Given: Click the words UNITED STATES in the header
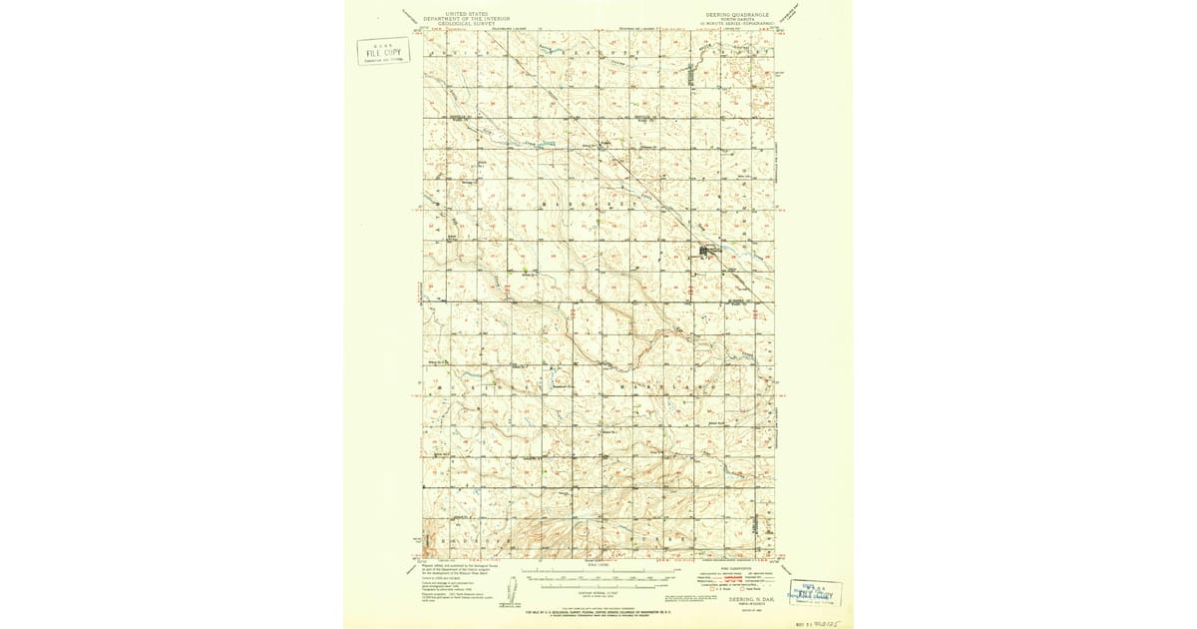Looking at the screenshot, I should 466,14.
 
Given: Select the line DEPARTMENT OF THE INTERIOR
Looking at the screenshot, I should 466,19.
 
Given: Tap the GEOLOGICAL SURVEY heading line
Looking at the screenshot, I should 466,24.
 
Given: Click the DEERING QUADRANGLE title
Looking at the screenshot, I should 731,15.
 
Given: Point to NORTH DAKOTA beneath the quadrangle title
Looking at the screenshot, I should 731,20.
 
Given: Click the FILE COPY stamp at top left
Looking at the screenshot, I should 383,51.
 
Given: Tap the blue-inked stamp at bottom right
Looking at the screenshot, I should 815,593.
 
